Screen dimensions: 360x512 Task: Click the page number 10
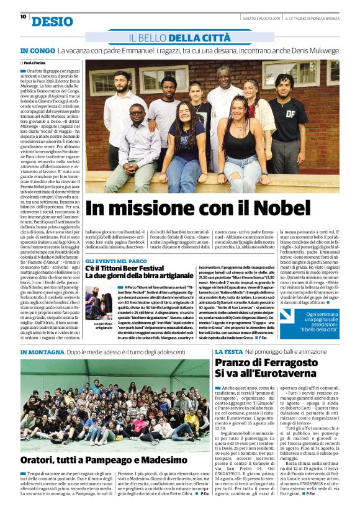[22, 17]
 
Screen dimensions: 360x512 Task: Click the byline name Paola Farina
[41, 63]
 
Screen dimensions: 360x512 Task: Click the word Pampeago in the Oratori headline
[124, 460]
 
